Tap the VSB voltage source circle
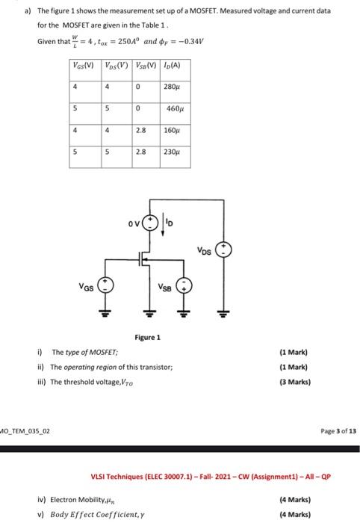(x=186, y=286)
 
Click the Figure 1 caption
(x=147, y=338)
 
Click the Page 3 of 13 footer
(x=332, y=431)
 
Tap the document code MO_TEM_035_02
(x=24, y=431)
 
